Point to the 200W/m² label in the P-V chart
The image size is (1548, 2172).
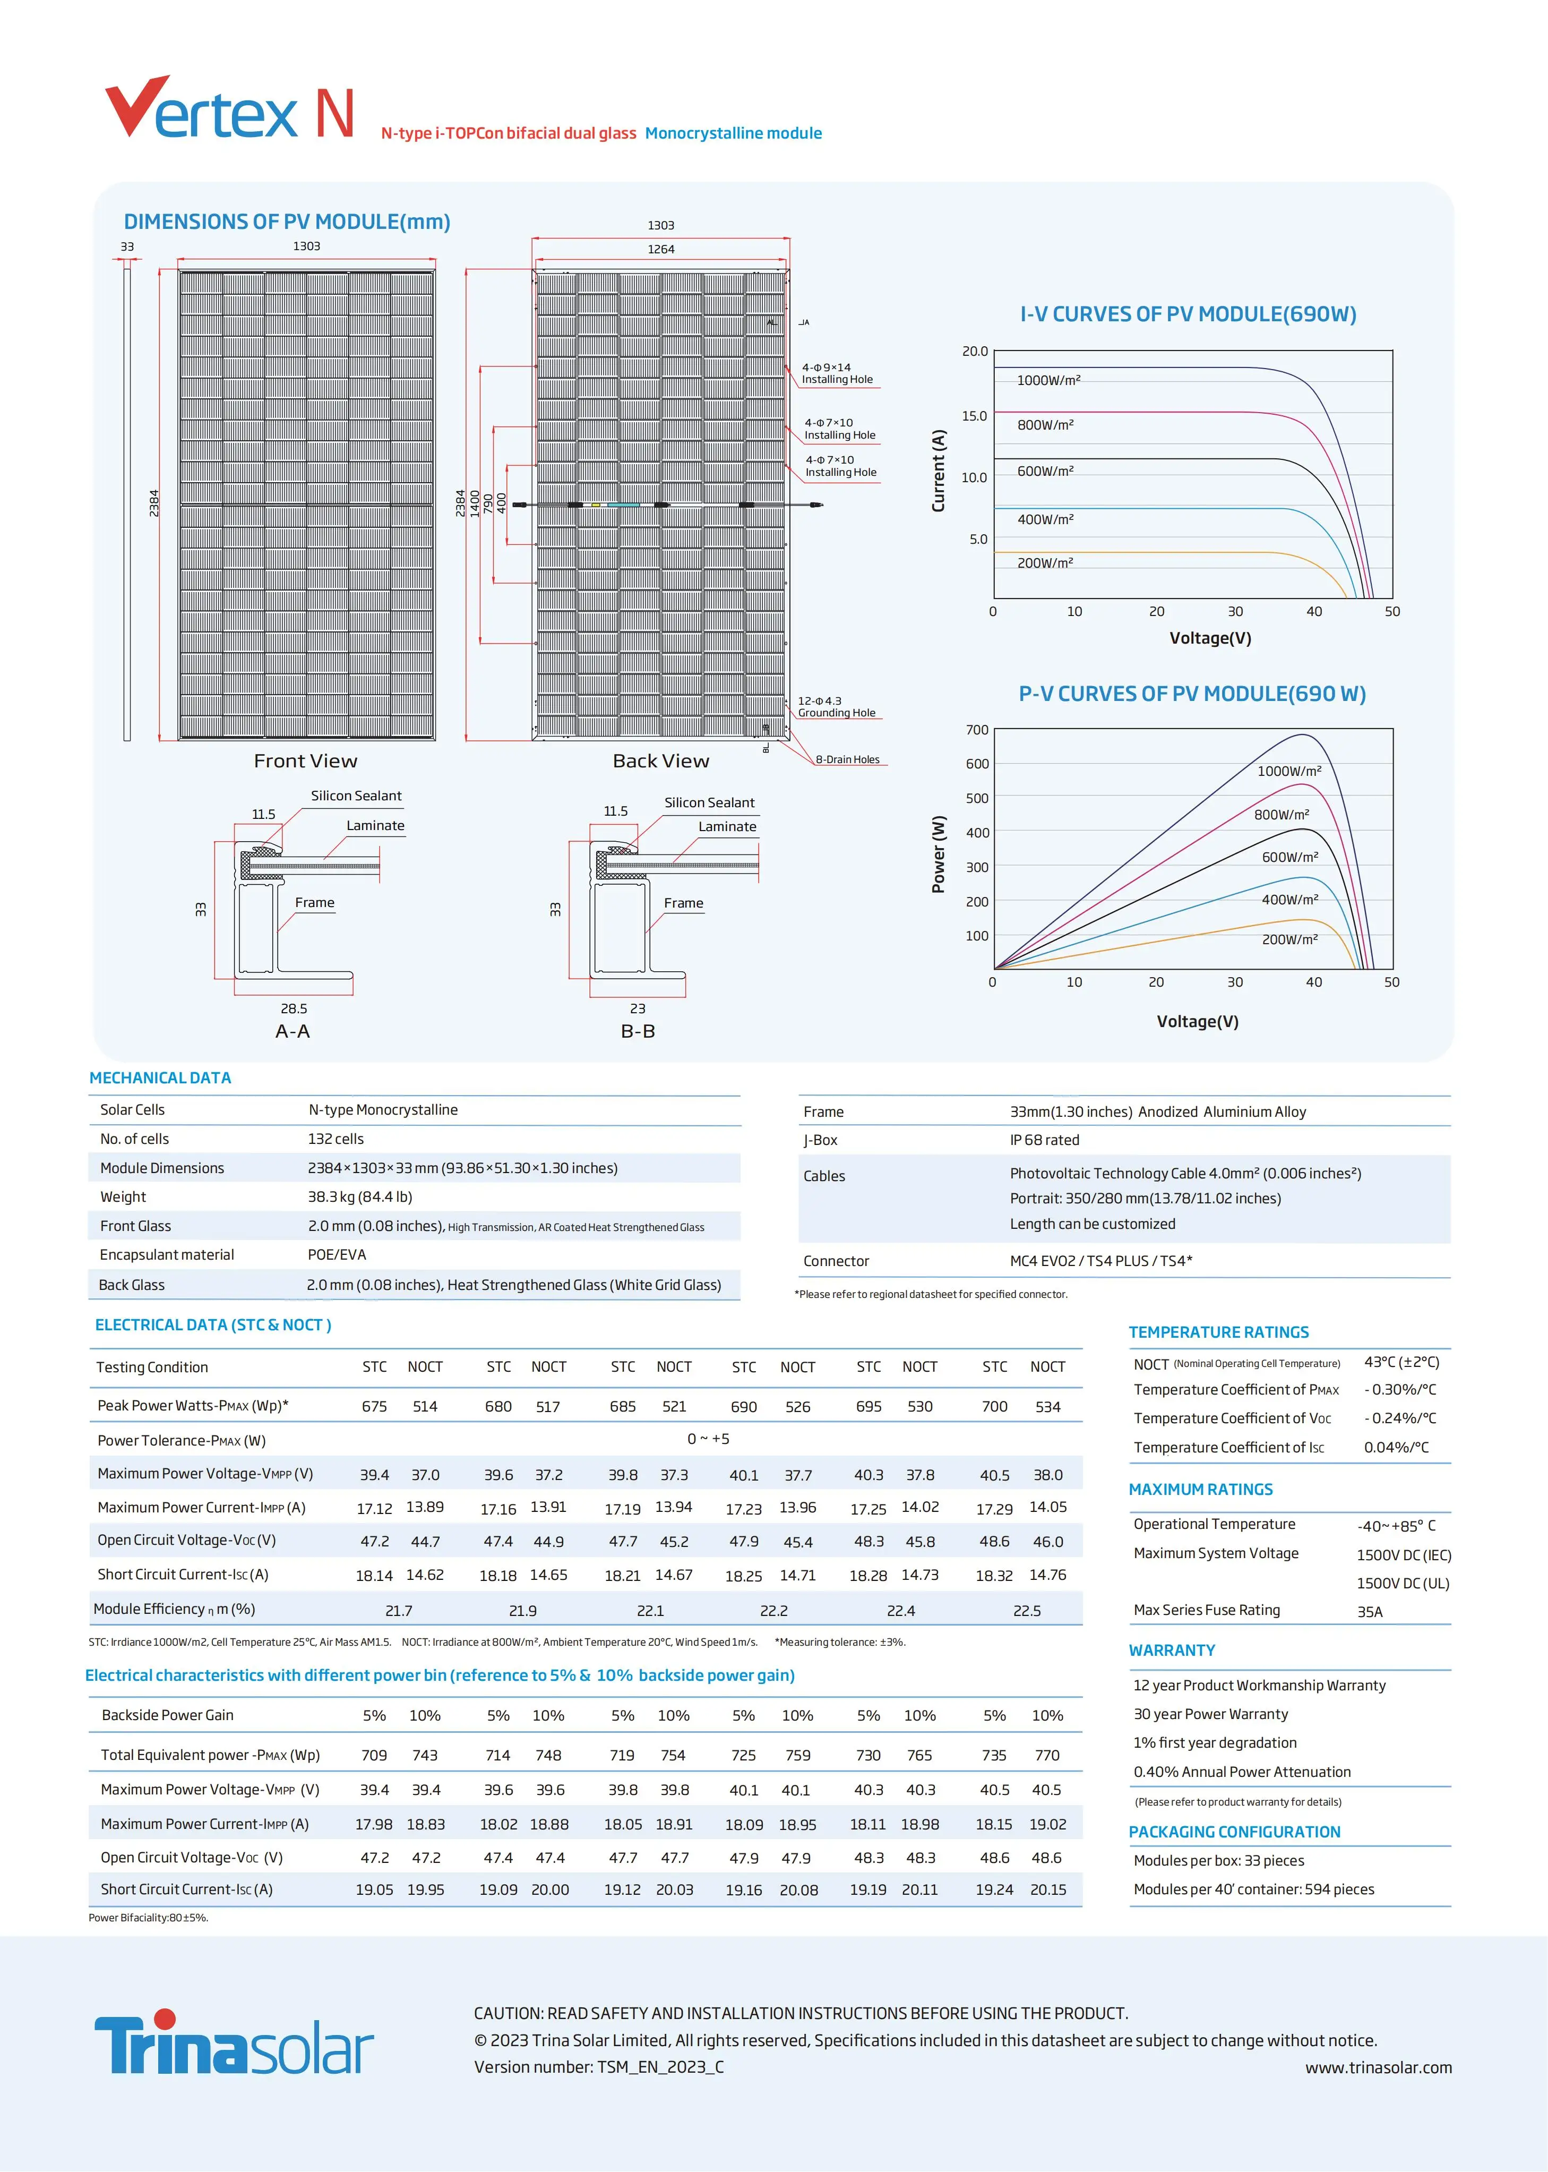point(1289,939)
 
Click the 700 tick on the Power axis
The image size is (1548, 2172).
point(977,730)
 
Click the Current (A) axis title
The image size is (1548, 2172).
point(939,471)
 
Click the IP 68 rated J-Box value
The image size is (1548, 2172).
point(1045,1140)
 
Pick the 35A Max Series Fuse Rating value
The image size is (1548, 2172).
point(1370,1611)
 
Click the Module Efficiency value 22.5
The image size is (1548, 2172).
point(1027,1610)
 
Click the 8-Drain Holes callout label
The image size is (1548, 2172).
point(847,760)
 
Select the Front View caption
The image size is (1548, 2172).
point(305,761)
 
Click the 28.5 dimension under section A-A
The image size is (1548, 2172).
point(294,1008)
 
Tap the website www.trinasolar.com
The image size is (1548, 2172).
point(1378,2067)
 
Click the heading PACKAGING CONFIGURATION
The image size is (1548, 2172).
point(1234,1832)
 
